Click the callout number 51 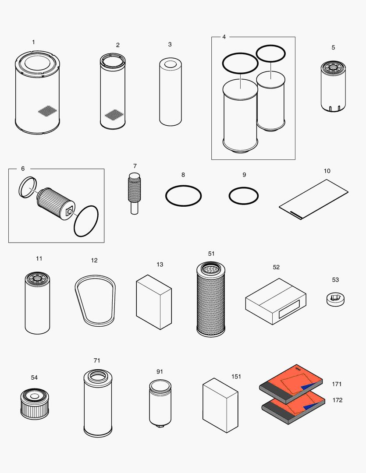(x=211, y=254)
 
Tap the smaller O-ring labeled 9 (x=244, y=187)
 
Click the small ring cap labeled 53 (x=336, y=300)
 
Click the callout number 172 (x=337, y=400)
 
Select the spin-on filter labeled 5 (x=333, y=87)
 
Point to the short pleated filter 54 (x=33, y=402)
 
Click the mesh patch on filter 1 (x=48, y=111)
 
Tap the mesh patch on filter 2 (x=113, y=115)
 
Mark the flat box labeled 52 (x=275, y=301)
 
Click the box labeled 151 (x=220, y=405)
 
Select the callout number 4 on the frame (x=224, y=37)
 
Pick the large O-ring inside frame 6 (x=86, y=221)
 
